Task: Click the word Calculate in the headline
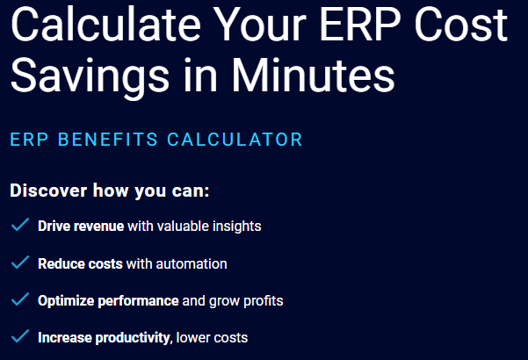(x=105, y=25)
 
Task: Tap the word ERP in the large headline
(x=360, y=25)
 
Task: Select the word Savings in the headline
(x=90, y=76)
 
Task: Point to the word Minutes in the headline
(x=313, y=75)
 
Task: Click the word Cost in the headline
(x=461, y=25)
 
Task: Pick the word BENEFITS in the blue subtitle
(x=108, y=140)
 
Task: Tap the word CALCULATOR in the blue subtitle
(x=235, y=140)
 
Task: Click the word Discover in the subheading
(x=48, y=191)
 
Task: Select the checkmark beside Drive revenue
(x=20, y=225)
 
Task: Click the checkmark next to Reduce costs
(x=20, y=262)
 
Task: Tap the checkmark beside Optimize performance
(x=20, y=299)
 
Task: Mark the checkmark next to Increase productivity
(x=20, y=336)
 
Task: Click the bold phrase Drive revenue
(x=81, y=226)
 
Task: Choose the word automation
(x=192, y=263)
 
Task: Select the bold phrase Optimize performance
(x=108, y=301)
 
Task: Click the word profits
(x=264, y=301)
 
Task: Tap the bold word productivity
(x=133, y=338)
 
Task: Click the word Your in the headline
(x=259, y=25)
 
